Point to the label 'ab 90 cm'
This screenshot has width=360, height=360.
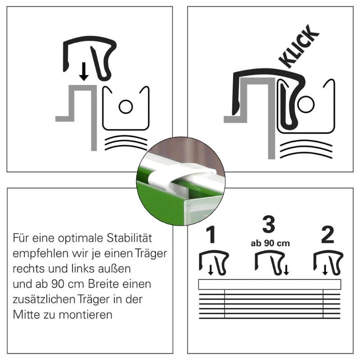point(270,243)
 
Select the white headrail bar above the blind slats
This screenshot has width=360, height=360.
point(270,284)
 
